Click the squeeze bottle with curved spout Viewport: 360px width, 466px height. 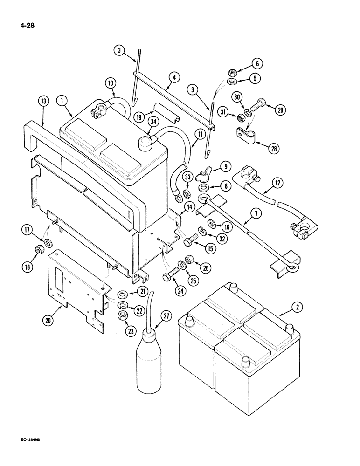[149, 354]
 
